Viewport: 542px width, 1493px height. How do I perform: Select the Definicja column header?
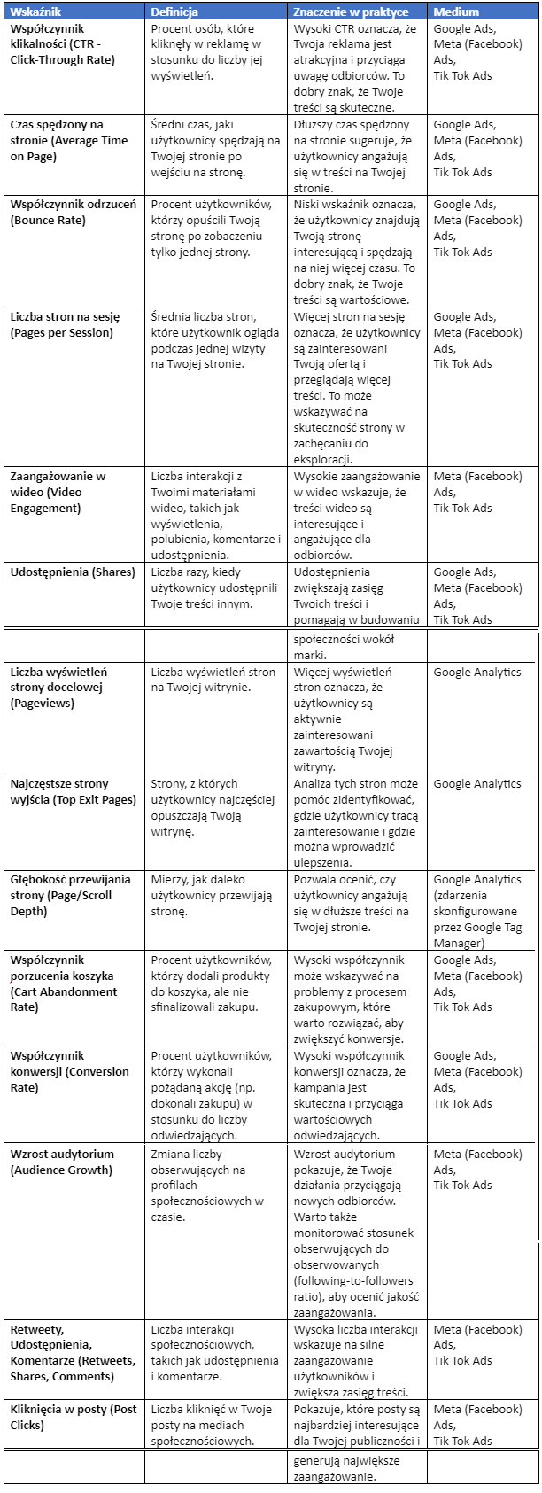pos(174,12)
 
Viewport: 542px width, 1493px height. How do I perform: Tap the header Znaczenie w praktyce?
pos(351,12)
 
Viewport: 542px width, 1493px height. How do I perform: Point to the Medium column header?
pos(456,12)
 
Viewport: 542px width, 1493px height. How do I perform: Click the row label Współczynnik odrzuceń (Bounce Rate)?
pos(74,213)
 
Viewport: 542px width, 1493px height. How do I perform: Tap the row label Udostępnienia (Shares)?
pos(72,572)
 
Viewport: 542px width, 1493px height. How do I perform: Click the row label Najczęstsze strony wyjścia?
pos(73,791)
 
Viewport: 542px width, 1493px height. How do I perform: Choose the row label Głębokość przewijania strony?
pos(70,895)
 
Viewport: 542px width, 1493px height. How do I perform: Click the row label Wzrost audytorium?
pos(62,1162)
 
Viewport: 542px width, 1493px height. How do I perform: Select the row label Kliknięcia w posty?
pos(74,1417)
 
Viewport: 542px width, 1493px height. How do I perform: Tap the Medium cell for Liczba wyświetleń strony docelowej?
pos(477,672)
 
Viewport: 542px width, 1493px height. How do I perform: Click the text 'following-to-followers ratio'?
pos(353,1288)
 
